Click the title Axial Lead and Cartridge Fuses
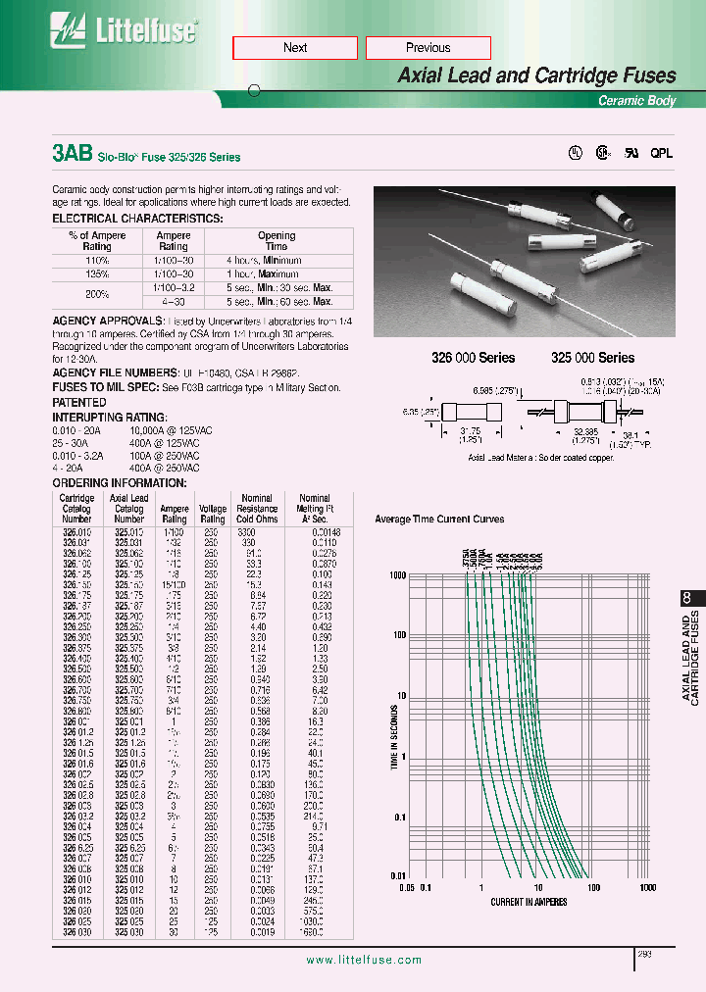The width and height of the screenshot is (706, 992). [536, 75]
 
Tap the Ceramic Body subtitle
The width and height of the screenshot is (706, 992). [637, 101]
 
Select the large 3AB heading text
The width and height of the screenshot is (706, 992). [72, 154]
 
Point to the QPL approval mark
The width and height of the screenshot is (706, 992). [662, 154]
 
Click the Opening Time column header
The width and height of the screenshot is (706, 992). [277, 241]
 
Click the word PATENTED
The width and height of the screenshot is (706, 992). [79, 402]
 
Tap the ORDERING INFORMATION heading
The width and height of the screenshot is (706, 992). [119, 483]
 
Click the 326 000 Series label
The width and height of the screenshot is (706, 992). [474, 358]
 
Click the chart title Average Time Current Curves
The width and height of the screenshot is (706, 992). [440, 519]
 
